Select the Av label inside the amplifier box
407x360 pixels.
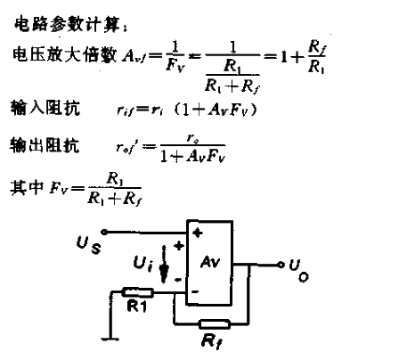[211, 263]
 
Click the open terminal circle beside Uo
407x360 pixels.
[281, 265]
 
